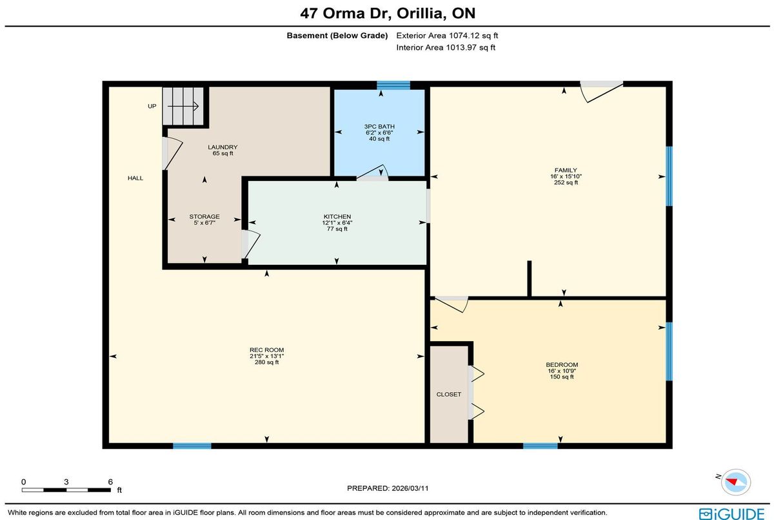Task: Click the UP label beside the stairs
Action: tap(152, 106)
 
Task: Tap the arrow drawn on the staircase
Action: tap(183, 106)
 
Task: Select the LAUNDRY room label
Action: tap(223, 147)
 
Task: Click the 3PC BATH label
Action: tap(379, 127)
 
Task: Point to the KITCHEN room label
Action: tap(337, 216)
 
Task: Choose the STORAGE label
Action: tap(204, 216)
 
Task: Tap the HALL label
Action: tap(135, 178)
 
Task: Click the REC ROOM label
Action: tap(267, 349)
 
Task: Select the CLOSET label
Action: tap(448, 395)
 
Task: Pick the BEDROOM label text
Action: tap(562, 365)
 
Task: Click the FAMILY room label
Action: tap(566, 171)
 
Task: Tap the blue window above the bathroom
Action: tap(393, 85)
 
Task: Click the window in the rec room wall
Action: tap(192, 446)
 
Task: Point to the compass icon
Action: tap(736, 482)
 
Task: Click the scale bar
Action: tap(66, 490)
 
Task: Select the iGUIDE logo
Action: tap(731, 514)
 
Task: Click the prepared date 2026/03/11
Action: tap(410, 488)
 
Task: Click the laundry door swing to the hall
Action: tap(172, 154)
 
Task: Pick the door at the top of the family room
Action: tap(601, 92)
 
